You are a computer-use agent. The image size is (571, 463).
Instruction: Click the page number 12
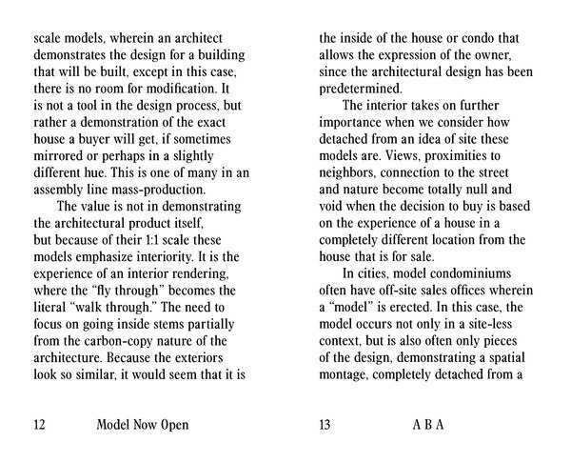coord(40,425)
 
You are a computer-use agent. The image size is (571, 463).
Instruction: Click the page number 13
coord(325,425)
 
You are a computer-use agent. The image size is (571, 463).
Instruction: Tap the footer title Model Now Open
coord(143,425)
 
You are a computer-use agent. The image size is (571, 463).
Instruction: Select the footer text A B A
coord(427,425)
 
